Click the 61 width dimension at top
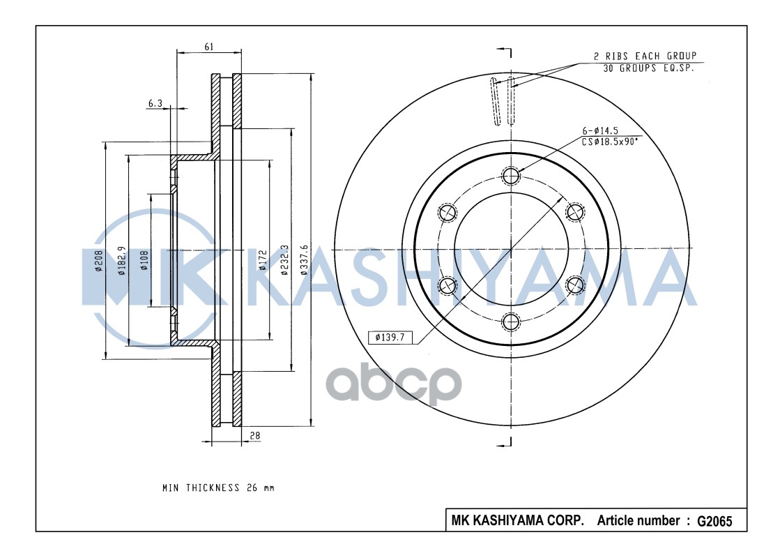pyautogui.click(x=209, y=47)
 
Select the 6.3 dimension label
pyautogui.click(x=155, y=103)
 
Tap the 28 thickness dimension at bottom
pyautogui.click(x=255, y=435)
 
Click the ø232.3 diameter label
pyautogui.click(x=284, y=259)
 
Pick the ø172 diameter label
pyautogui.click(x=263, y=259)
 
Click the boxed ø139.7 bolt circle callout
pyautogui.click(x=390, y=338)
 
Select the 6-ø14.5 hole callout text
pyautogui.click(x=602, y=131)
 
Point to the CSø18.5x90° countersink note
pyautogui.click(x=610, y=141)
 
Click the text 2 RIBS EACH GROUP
pyautogui.click(x=645, y=56)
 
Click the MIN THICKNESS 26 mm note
pyautogui.click(x=218, y=488)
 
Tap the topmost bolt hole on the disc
pyautogui.click(x=512, y=175)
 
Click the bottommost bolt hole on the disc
pyautogui.click(x=512, y=321)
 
